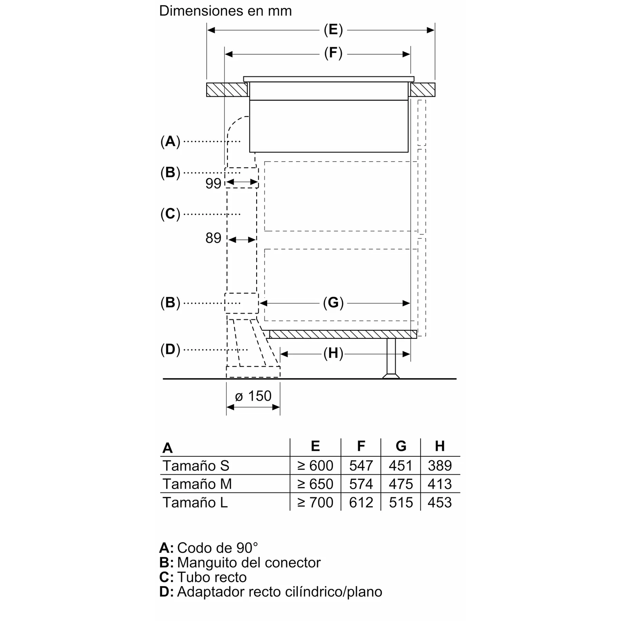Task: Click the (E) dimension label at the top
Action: (333, 30)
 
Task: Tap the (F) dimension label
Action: (333, 54)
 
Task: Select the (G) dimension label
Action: (333, 303)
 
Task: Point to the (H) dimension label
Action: (333, 353)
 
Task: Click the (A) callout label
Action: (170, 141)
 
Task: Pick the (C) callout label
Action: (170, 214)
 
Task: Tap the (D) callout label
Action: (170, 350)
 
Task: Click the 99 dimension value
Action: (213, 183)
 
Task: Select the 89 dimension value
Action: (213, 239)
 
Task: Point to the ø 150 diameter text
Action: (253, 396)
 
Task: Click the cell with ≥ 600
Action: (315, 466)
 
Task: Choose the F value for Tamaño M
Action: (361, 484)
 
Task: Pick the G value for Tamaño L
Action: (401, 503)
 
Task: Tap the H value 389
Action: (439, 466)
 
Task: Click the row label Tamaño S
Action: (196, 466)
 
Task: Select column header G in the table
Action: (401, 446)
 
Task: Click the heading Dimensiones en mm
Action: (225, 11)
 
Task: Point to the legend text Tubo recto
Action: (212, 577)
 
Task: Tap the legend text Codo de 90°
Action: (217, 548)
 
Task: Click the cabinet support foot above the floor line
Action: (391, 358)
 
